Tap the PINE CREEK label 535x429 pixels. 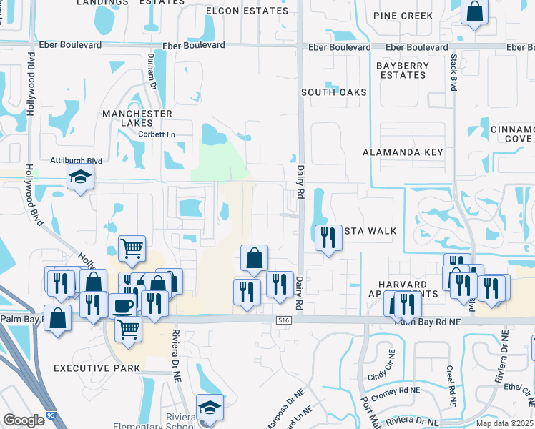(403, 16)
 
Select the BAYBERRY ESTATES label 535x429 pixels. (403, 70)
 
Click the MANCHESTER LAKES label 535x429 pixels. (137, 118)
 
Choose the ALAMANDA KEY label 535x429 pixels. (403, 152)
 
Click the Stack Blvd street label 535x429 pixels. (453, 74)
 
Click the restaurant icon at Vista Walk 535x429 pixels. (328, 237)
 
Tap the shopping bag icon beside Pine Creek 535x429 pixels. (475, 11)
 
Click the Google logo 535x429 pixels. (24, 420)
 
